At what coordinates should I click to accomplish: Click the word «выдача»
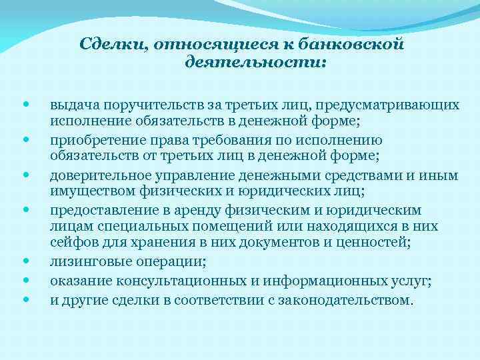tap(72, 105)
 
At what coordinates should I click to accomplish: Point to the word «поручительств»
tap(139, 105)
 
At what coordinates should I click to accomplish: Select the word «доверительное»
tap(97, 175)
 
